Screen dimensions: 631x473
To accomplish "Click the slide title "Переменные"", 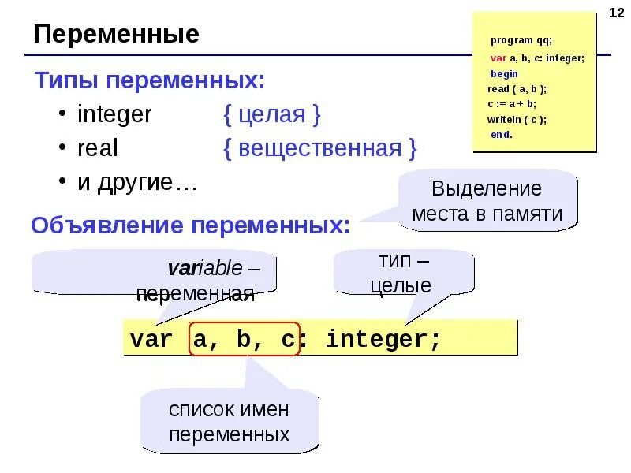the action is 116,35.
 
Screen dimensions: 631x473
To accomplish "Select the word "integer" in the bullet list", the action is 114,114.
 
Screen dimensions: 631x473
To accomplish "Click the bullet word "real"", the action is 97,148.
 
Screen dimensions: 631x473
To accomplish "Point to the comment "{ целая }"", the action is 271,114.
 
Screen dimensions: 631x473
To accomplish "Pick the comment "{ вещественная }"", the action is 319,148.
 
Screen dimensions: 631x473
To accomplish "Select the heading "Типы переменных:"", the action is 149,80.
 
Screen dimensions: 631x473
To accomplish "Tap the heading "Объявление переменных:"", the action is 190,226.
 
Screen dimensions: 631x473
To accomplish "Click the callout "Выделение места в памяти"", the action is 487,201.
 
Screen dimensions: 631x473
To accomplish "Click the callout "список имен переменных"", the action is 229,422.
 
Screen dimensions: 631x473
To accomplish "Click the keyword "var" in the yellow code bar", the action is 151,340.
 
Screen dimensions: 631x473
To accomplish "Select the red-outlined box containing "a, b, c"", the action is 244,340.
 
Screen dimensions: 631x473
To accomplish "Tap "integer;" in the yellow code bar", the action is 383,340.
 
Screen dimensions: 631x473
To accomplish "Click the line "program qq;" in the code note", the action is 521,40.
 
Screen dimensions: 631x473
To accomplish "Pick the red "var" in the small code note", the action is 498,58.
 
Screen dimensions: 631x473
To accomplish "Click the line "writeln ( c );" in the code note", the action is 516,119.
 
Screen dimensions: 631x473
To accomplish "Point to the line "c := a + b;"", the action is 512,103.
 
